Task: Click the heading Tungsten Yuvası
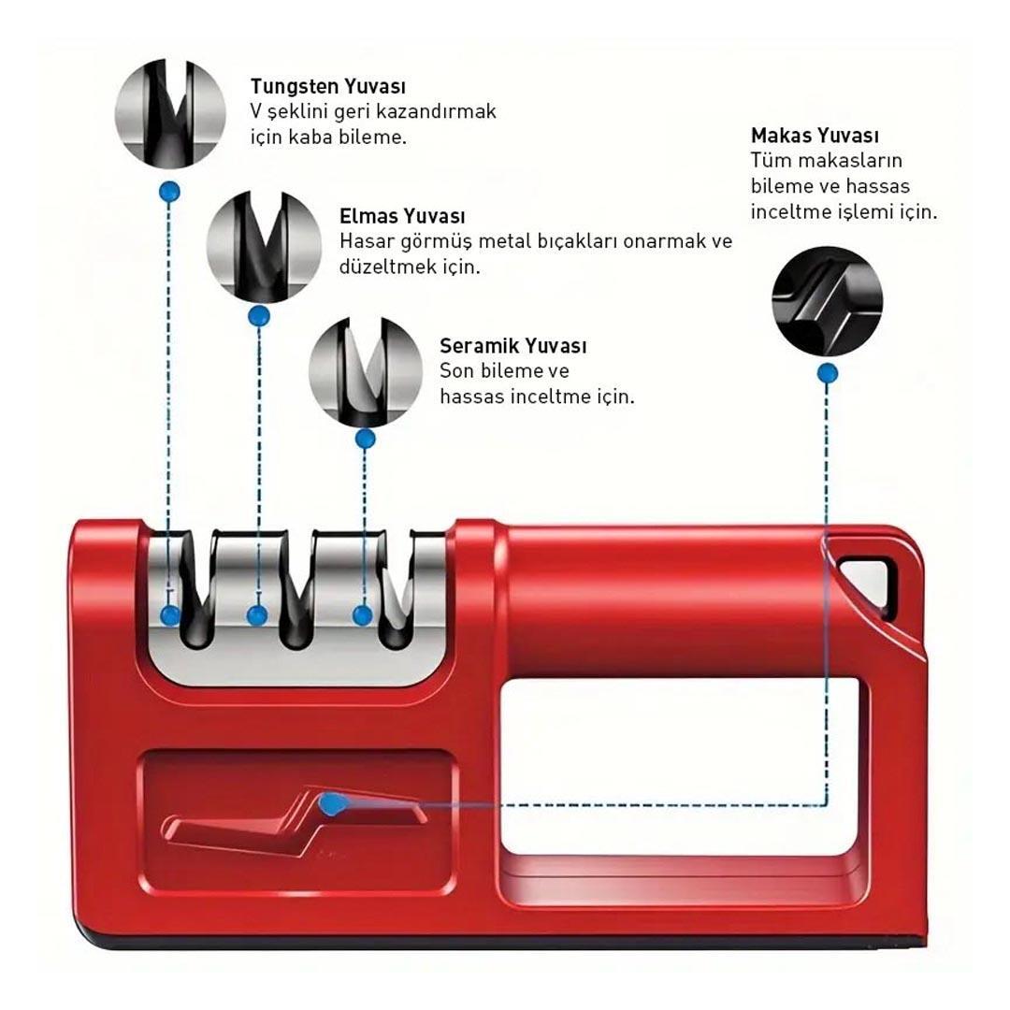point(327,86)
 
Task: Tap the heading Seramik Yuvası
point(512,346)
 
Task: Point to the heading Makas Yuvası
point(814,136)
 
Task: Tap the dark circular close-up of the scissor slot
point(827,301)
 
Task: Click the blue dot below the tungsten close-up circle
point(169,192)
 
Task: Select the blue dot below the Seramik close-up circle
point(366,437)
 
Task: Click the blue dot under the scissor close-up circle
point(827,374)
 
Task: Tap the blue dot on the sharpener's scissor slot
point(329,802)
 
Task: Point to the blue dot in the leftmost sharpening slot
point(170,615)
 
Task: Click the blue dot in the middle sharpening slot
point(257,615)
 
